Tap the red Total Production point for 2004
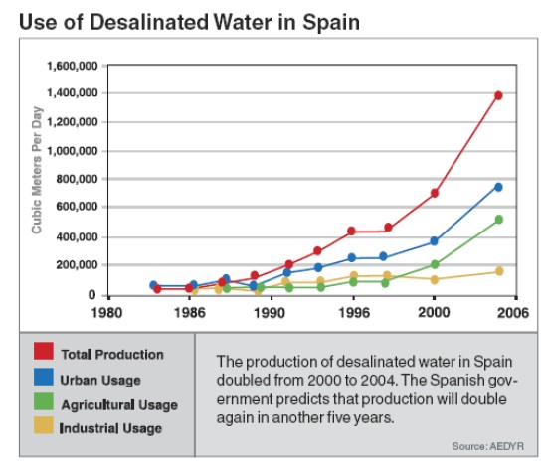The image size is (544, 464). pos(498,95)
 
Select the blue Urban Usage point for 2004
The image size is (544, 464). pos(498,187)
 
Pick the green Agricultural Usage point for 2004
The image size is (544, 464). pos(498,220)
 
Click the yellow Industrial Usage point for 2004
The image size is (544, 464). pos(498,271)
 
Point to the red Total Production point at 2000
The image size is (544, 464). pos(435,193)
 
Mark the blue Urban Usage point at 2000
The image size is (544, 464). pos(435,241)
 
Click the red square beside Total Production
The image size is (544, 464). pos(43,354)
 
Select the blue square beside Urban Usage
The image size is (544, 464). pos(43,379)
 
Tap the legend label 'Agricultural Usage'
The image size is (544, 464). pos(118,404)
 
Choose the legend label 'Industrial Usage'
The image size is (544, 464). pos(110,428)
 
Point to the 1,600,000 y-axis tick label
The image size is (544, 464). pos(71,65)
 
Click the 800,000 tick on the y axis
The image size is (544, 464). pos(76,180)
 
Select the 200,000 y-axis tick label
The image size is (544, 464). pos(76,266)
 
